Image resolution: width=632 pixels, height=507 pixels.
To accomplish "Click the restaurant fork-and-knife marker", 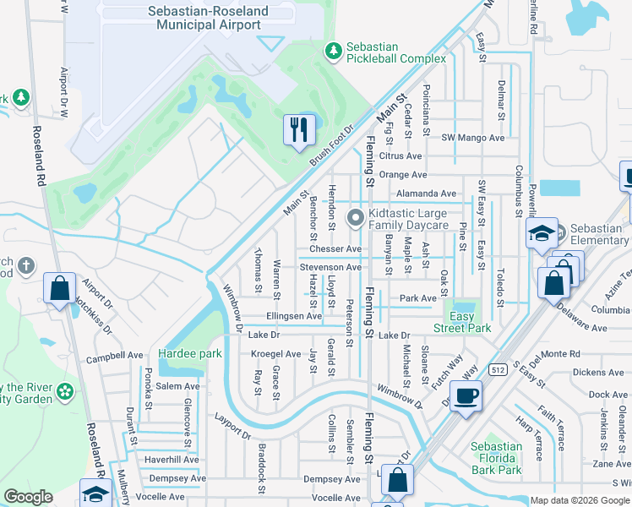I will pyautogui.click(x=297, y=130).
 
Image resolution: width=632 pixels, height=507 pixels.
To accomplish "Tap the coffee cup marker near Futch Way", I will pyautogui.click(x=465, y=395).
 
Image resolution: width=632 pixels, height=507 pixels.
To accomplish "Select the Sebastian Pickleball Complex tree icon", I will pyautogui.click(x=334, y=52).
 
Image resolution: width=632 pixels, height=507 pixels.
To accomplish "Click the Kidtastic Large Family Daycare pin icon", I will pyautogui.click(x=356, y=218).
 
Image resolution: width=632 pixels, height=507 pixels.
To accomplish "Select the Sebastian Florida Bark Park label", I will pyautogui.click(x=496, y=457).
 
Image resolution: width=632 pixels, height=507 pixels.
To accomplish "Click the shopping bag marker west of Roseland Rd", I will pyautogui.click(x=60, y=288).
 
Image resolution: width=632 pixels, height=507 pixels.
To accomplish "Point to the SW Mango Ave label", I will pyautogui.click(x=473, y=138).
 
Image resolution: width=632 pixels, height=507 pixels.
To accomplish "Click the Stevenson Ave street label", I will pyautogui.click(x=330, y=267).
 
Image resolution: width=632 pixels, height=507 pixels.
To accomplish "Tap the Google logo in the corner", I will pyautogui.click(x=28, y=497).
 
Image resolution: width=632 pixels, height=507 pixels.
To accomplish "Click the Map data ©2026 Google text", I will pyautogui.click(x=579, y=500).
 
